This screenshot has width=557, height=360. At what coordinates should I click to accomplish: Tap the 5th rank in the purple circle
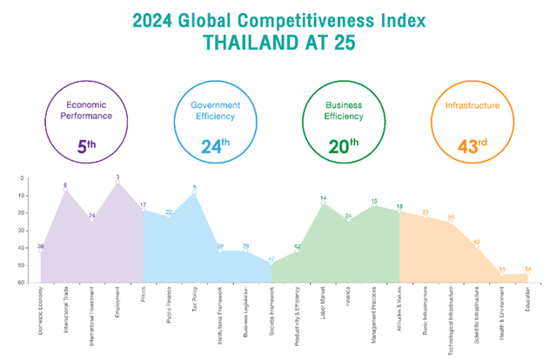coord(86,146)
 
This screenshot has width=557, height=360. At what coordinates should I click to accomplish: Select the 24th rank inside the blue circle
coord(215,146)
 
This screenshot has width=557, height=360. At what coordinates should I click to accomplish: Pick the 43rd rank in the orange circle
coord(473,146)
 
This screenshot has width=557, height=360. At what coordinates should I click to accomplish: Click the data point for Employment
coord(117,183)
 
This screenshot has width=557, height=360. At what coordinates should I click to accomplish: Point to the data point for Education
coord(527,274)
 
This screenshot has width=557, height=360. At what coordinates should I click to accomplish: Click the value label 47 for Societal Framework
coord(272,258)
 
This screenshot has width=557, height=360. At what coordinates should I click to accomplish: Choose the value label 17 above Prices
coord(143,205)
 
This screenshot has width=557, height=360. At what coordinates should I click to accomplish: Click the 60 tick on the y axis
coord(21,283)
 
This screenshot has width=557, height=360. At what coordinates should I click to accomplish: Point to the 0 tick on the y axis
coord(23,178)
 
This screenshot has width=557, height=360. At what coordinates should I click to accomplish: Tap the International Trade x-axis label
coord(66,309)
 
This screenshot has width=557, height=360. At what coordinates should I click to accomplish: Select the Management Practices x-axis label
coord(374,310)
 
